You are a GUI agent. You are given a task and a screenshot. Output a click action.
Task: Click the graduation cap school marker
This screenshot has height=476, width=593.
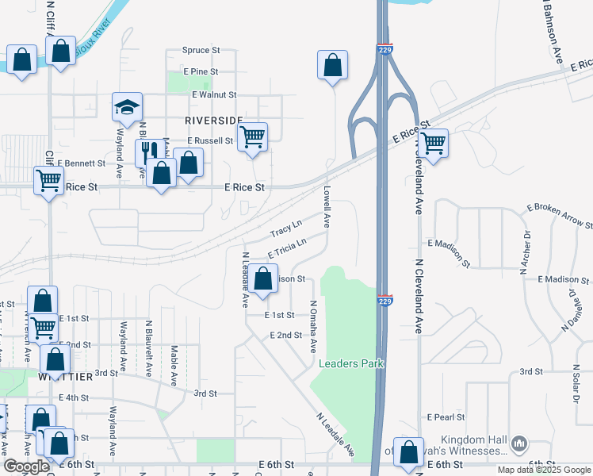[126, 108]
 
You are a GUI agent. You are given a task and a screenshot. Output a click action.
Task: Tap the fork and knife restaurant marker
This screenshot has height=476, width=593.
[147, 149]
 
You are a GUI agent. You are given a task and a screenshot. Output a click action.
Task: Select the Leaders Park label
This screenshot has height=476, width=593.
[351, 363]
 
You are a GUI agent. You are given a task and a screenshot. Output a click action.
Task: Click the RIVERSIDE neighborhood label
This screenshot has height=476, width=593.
[214, 120]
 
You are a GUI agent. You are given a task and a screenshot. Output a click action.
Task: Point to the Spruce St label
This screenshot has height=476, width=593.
[200, 50]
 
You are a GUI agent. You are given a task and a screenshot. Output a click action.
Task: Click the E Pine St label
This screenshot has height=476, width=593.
[200, 71]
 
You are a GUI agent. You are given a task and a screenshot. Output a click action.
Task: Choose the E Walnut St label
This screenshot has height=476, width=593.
[214, 94]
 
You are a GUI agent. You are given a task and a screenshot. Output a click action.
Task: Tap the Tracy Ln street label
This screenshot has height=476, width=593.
[286, 229]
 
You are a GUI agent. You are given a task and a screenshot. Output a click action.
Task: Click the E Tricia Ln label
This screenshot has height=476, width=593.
[286, 249]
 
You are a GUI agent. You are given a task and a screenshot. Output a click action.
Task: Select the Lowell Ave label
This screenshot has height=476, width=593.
[327, 206]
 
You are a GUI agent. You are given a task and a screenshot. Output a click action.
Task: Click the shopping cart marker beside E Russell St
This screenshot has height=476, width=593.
[252, 138]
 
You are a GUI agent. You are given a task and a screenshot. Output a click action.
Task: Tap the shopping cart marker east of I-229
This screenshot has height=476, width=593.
[432, 144]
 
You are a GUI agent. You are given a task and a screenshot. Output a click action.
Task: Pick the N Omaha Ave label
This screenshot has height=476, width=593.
[313, 326]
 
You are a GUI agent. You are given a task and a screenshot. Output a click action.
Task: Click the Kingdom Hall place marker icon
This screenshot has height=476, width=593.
[519, 442]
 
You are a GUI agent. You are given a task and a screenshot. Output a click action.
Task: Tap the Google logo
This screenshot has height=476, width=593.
[26, 466]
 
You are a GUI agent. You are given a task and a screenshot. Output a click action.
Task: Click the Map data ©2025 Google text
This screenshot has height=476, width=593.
[543, 470]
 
